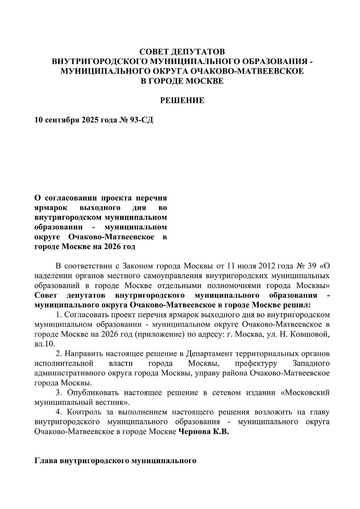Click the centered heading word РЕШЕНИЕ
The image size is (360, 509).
pos(182,101)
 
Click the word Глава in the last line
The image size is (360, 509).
pos(46,460)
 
